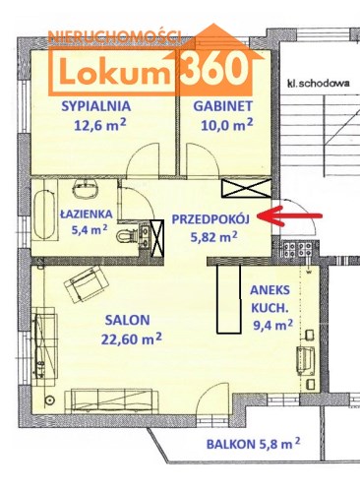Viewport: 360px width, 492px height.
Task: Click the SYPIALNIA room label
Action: (96, 106)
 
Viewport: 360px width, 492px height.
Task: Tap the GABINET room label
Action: (223, 106)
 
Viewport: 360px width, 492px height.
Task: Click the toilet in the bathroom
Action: (126, 235)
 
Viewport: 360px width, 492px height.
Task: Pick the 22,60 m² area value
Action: (132, 338)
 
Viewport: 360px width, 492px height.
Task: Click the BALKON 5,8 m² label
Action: (253, 444)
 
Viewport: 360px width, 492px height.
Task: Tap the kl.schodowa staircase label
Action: (318, 83)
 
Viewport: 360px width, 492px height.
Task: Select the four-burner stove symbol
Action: (298, 249)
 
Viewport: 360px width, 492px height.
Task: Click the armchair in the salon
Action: (87, 284)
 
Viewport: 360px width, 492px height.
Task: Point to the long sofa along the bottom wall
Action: (112, 400)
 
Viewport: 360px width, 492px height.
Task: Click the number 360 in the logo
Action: (214, 69)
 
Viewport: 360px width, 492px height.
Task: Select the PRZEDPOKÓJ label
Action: (210, 219)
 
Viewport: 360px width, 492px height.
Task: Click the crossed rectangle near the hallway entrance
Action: (247, 189)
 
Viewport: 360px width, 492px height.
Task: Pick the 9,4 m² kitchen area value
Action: (272, 325)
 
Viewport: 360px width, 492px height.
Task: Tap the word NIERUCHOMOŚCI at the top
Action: (114, 37)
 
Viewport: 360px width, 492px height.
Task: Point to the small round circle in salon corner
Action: (50, 400)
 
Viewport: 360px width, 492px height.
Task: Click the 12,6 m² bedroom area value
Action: (100, 125)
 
